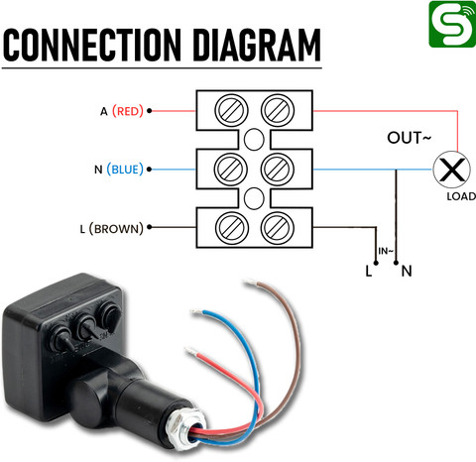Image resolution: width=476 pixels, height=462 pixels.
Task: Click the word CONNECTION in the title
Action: (92, 45)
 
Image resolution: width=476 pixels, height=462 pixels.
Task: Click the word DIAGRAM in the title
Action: (257, 45)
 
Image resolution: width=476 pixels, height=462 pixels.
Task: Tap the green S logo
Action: (452, 24)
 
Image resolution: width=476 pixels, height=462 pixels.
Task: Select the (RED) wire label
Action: (128, 111)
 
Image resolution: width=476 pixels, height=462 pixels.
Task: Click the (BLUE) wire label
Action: (125, 170)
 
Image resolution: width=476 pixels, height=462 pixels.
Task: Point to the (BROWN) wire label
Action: (116, 229)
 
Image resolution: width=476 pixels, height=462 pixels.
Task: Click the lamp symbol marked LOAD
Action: (451, 170)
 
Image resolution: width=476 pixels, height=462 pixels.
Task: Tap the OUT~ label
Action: (410, 138)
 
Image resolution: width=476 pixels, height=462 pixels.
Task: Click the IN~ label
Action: (386, 251)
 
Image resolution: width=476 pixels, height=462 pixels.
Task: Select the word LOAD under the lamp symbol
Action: (461, 196)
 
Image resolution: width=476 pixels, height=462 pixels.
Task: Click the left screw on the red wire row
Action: (231, 110)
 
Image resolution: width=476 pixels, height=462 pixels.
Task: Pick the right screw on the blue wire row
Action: (278, 170)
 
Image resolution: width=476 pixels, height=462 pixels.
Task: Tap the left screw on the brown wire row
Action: (231, 228)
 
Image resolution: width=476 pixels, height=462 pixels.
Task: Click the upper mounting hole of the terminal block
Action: (254, 140)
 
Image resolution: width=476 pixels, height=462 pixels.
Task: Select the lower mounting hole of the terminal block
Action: (254, 198)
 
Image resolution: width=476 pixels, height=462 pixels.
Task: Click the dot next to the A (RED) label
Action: (150, 111)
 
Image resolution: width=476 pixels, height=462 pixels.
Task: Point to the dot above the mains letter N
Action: (396, 263)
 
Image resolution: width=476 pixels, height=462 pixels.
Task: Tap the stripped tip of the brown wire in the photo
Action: (250, 283)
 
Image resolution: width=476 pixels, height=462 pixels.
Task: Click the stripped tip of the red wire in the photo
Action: (191, 352)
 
